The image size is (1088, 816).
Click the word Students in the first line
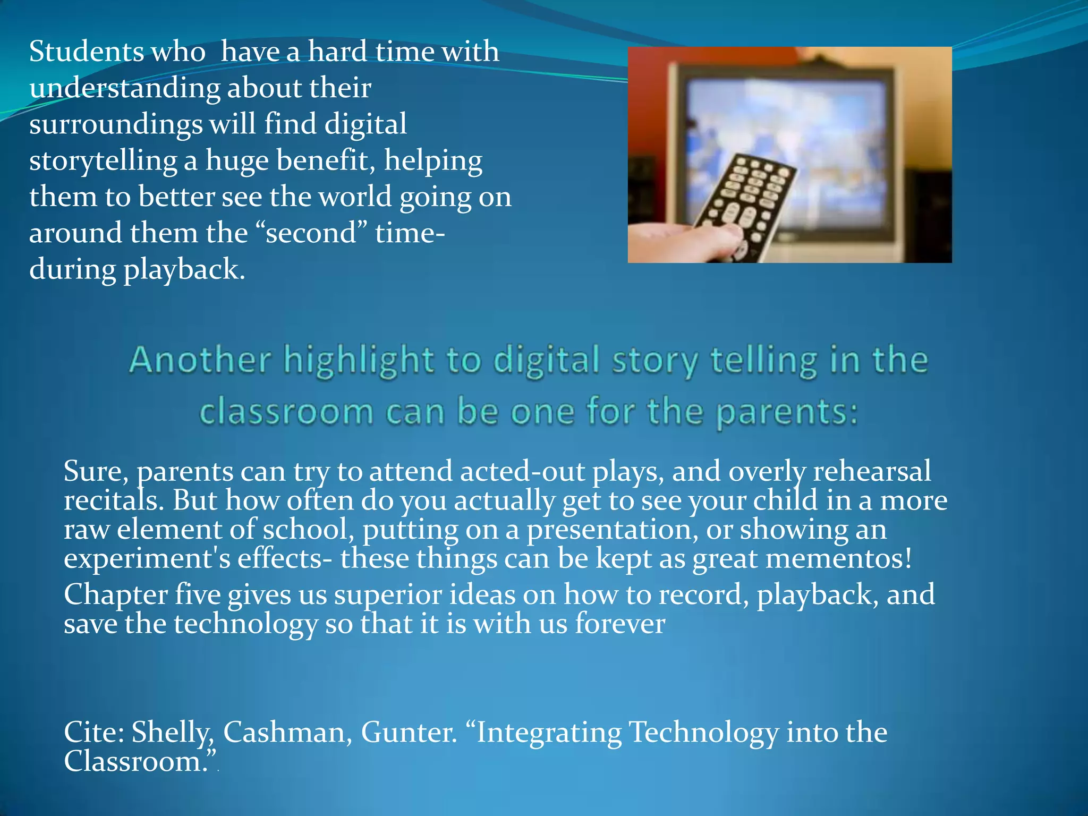coord(86,52)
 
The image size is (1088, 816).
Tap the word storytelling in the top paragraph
coord(103,161)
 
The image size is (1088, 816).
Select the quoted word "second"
coord(311,233)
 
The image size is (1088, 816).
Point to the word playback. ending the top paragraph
coord(184,270)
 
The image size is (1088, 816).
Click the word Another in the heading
coord(200,360)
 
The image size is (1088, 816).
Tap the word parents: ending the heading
coord(787,413)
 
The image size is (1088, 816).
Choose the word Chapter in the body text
coord(115,594)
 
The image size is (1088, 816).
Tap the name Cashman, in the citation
coord(287,732)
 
